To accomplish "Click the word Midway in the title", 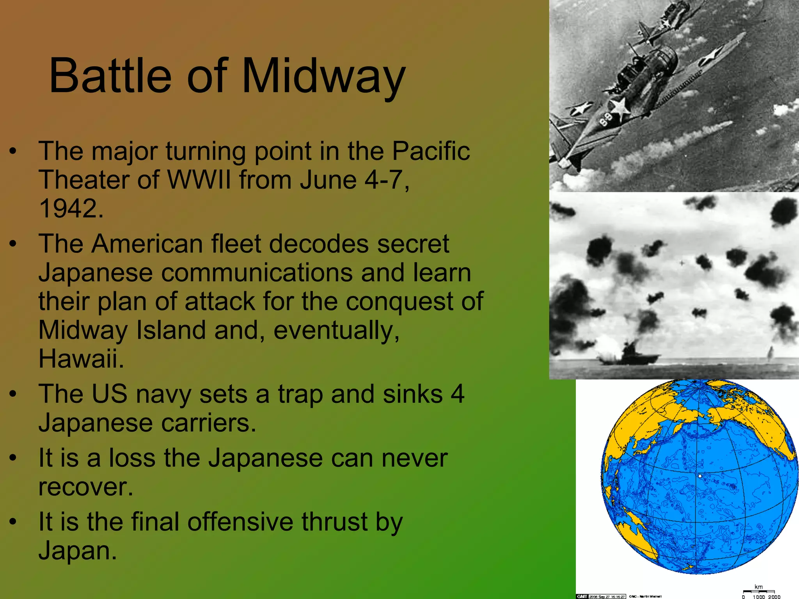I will tap(324, 76).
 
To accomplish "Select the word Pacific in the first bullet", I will tap(431, 151).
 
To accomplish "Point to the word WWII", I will tap(199, 180).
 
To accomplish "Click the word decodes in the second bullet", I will tap(318, 244).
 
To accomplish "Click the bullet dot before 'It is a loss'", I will tap(13, 458).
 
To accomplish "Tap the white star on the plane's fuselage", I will tap(620, 107).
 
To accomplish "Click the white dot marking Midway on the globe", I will tap(700, 476).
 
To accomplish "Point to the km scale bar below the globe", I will tap(758, 592).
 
